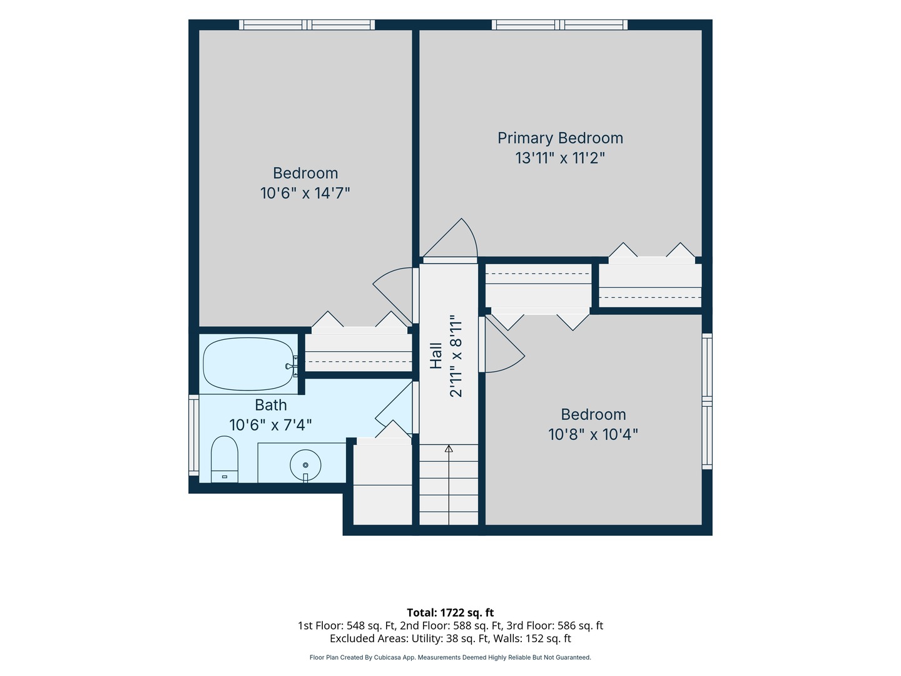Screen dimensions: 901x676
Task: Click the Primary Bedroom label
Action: pyautogui.click(x=560, y=138)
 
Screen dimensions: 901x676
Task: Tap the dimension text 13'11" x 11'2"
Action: pyautogui.click(x=560, y=158)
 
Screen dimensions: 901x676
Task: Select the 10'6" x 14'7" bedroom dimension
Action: pyautogui.click(x=305, y=193)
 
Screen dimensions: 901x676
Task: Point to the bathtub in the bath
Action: pyautogui.click(x=248, y=364)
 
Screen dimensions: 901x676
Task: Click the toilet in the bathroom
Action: pyautogui.click(x=225, y=459)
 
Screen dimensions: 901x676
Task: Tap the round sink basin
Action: pyautogui.click(x=305, y=465)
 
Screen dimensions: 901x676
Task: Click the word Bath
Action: pyautogui.click(x=271, y=405)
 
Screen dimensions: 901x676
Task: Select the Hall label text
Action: pyautogui.click(x=436, y=356)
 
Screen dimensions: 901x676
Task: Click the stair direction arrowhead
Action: pyautogui.click(x=449, y=449)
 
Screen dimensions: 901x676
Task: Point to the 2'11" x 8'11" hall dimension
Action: pyautogui.click(x=456, y=356)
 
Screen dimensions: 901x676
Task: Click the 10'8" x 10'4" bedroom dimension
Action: pyautogui.click(x=593, y=434)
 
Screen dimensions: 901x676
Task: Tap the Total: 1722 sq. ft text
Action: pyautogui.click(x=450, y=613)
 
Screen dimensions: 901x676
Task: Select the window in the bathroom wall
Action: pyautogui.click(x=194, y=435)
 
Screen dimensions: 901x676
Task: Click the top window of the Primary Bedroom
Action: pyautogui.click(x=560, y=24)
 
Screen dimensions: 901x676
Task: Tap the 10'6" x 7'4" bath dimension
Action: pyautogui.click(x=271, y=425)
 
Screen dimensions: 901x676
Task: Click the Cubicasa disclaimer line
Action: pyautogui.click(x=450, y=657)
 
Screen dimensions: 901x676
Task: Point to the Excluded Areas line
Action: pyautogui.click(x=450, y=638)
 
